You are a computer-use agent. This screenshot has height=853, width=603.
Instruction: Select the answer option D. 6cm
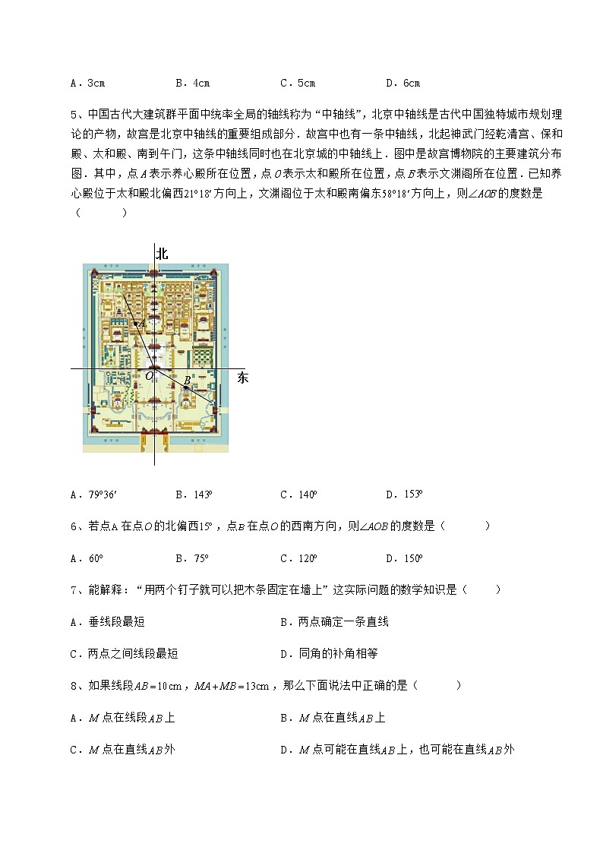(x=403, y=83)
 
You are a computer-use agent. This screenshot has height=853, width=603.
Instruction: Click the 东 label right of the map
(x=243, y=378)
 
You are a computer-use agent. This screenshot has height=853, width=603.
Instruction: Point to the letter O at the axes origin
(x=149, y=375)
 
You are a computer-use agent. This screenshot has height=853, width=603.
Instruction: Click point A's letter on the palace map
(x=142, y=322)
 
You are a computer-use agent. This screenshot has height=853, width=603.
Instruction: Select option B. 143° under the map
(x=194, y=494)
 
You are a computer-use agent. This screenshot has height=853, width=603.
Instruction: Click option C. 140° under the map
(x=298, y=494)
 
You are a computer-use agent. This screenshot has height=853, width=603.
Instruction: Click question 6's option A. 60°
(x=86, y=558)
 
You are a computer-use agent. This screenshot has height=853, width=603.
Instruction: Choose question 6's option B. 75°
(x=192, y=558)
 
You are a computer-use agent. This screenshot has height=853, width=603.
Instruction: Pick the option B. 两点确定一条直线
(x=334, y=622)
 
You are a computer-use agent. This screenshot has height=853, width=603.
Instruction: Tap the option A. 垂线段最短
(x=107, y=622)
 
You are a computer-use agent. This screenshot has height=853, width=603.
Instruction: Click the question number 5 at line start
(x=74, y=115)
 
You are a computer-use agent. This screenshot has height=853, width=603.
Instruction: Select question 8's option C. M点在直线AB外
(x=122, y=750)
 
